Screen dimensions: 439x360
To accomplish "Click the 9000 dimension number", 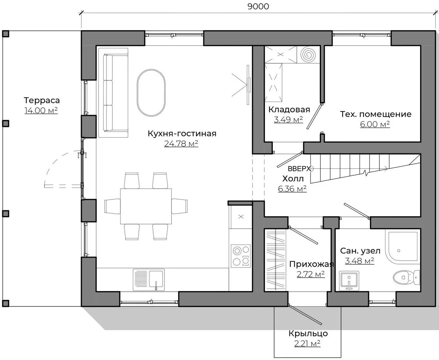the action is tap(258, 6).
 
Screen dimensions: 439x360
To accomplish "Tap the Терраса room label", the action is tap(42, 100).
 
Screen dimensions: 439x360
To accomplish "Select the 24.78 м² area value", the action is tap(181, 144).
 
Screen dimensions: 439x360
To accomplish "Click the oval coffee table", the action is tap(151, 93).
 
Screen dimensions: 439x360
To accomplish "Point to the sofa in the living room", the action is tap(113, 93).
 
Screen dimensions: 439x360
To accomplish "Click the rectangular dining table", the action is tap(146, 206).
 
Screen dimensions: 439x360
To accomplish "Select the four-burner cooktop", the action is tap(240, 256).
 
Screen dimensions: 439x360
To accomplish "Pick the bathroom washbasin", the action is tap(349, 281).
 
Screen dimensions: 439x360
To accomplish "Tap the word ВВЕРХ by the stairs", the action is tap(299, 169).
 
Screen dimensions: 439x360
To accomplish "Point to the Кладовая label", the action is tap(289, 110).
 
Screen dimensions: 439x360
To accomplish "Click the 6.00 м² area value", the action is tap(375, 124).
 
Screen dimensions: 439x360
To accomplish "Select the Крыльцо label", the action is tap(308, 334).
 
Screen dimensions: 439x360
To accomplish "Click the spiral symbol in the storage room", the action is tap(308, 54).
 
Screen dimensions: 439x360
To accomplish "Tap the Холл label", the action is tap(293, 179).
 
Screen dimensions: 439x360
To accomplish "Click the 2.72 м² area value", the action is tap(310, 274).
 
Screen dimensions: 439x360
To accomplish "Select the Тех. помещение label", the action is tap(376, 114).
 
